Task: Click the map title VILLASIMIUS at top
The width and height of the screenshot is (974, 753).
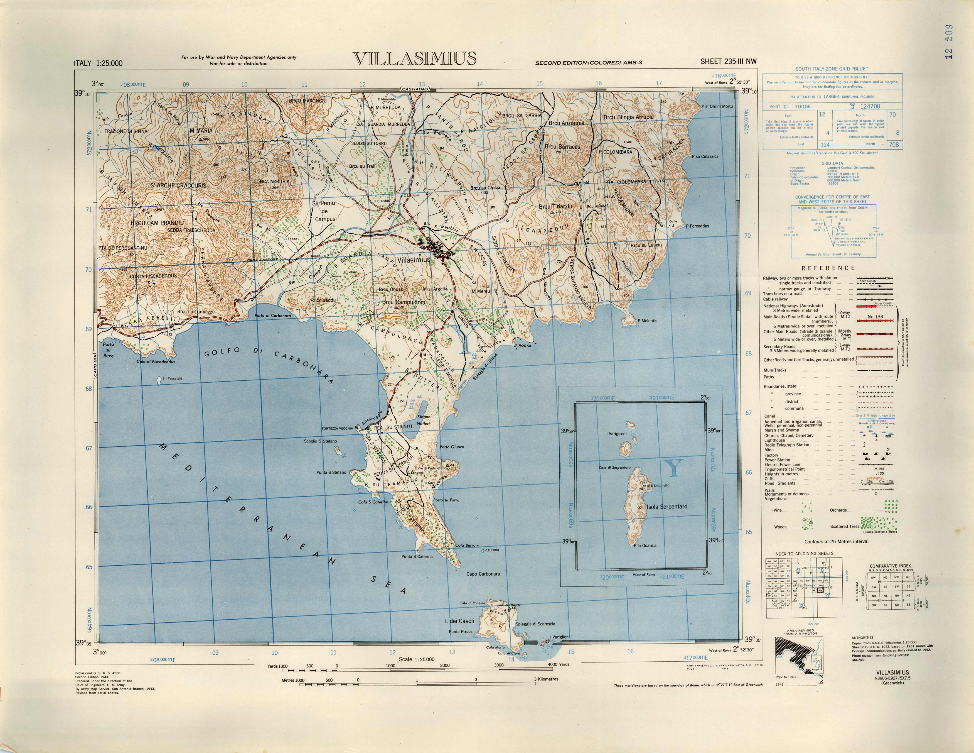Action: tap(414, 58)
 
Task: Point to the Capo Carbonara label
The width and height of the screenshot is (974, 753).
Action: tap(483, 574)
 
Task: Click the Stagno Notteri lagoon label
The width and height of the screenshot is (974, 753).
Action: tap(423, 420)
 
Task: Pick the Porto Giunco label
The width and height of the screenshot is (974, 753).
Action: tap(452, 447)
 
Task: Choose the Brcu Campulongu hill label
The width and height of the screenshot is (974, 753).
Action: tap(405, 302)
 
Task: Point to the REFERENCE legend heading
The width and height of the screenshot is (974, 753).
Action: tap(828, 268)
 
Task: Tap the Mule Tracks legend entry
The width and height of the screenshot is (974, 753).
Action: tap(775, 370)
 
